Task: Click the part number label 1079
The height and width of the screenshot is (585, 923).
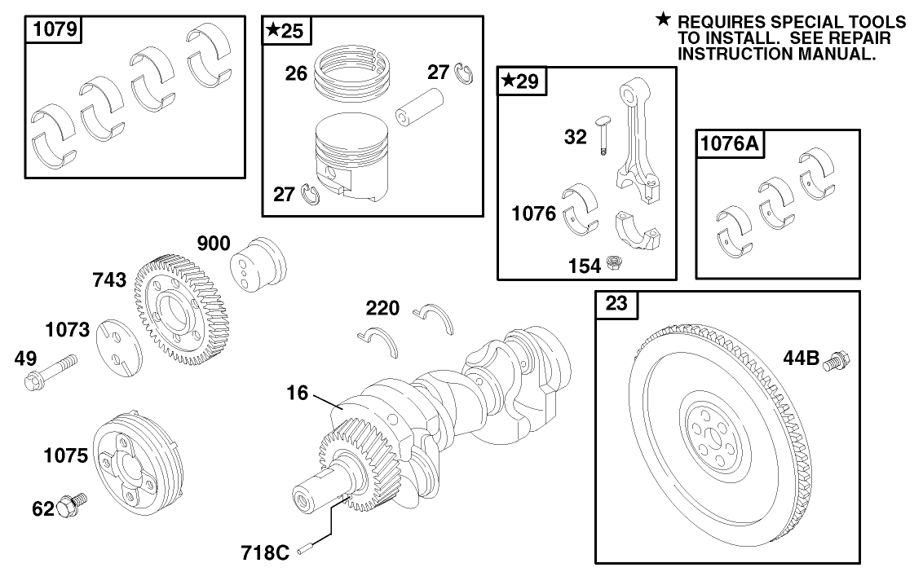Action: tap(55, 31)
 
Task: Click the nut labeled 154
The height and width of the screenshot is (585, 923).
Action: tap(616, 264)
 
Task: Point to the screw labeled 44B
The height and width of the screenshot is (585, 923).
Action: tap(837, 360)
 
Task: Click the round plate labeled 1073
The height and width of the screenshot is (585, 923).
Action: tap(118, 346)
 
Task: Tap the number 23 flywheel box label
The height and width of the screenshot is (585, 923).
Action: tap(617, 305)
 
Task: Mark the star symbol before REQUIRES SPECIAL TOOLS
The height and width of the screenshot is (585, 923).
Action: tap(665, 19)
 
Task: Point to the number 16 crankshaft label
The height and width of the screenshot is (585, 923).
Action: tap(297, 394)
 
